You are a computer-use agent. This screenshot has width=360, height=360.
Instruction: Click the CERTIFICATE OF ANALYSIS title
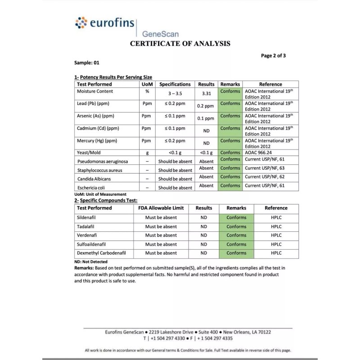click(x=180, y=44)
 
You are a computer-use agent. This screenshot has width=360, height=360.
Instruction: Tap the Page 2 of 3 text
click(x=273, y=56)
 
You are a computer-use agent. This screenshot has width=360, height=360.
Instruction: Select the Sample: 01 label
click(x=86, y=63)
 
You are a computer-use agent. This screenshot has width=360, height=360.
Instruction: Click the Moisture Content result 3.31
click(x=206, y=94)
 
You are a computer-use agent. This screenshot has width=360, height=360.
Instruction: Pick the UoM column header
click(x=147, y=84)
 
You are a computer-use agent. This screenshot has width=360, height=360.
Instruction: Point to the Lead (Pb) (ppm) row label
click(x=93, y=103)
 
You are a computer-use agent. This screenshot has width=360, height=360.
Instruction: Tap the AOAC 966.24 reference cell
click(x=259, y=153)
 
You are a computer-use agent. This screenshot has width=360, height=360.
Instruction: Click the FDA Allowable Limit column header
click(x=161, y=208)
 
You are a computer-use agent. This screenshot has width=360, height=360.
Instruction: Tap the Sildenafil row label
click(x=87, y=217)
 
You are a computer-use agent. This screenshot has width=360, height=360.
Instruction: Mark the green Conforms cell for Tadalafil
click(x=236, y=226)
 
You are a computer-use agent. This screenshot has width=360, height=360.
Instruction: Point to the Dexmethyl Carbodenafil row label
click(x=101, y=253)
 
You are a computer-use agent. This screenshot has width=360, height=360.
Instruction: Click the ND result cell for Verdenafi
click(x=204, y=235)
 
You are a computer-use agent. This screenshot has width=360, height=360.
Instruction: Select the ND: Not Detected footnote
click(x=91, y=261)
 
